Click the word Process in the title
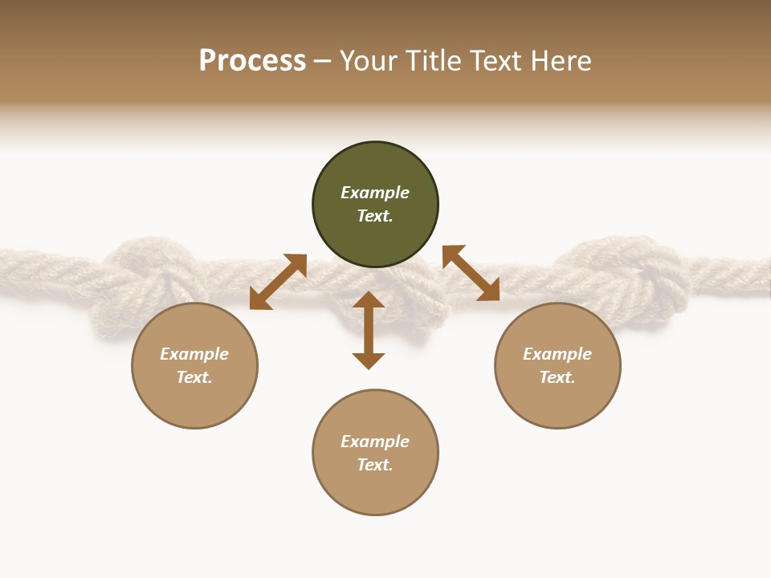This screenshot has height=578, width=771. [x=252, y=61]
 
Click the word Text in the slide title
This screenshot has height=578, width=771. [x=496, y=61]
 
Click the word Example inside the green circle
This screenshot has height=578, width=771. [x=375, y=193]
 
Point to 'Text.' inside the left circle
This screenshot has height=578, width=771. [x=194, y=377]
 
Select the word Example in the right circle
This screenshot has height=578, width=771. [x=557, y=354]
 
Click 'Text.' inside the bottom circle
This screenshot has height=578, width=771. [x=375, y=465]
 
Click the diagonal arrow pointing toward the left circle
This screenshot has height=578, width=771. [x=278, y=282]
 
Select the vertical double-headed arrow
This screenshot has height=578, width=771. [x=369, y=330]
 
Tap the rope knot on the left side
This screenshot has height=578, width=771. [x=149, y=277]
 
